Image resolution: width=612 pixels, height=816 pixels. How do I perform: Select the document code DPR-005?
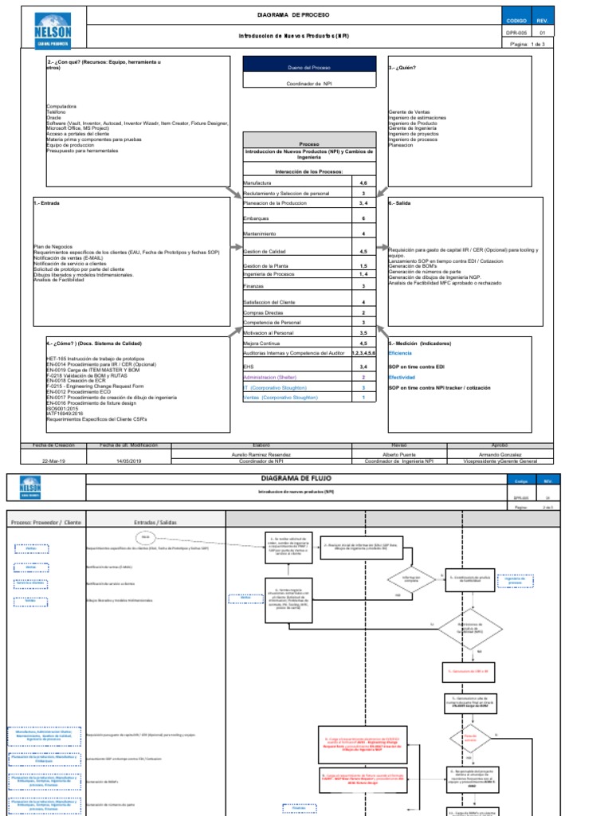coord(517,33)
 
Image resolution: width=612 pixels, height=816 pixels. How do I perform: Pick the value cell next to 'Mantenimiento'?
coord(363,234)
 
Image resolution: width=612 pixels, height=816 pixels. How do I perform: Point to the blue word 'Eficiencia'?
coord(401,352)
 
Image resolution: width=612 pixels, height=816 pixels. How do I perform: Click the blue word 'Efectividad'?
coord(402,378)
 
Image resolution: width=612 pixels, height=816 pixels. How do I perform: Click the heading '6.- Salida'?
coord(401,202)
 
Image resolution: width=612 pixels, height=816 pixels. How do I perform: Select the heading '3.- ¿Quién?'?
coord(402,68)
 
